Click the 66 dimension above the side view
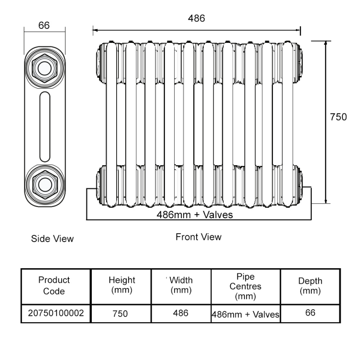[x=44, y=25]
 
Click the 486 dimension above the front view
[x=196, y=18]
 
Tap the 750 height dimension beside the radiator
[x=338, y=117]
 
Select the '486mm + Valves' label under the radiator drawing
[x=195, y=215]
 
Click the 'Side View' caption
[x=52, y=238]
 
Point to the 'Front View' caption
[x=198, y=237]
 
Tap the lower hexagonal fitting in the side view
[x=44, y=183]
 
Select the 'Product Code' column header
[x=54, y=285]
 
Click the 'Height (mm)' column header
[x=121, y=285]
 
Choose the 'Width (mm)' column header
[x=181, y=285]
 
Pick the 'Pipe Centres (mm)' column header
[x=246, y=286]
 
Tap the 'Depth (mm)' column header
[x=310, y=286]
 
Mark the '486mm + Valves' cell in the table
[x=246, y=314]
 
